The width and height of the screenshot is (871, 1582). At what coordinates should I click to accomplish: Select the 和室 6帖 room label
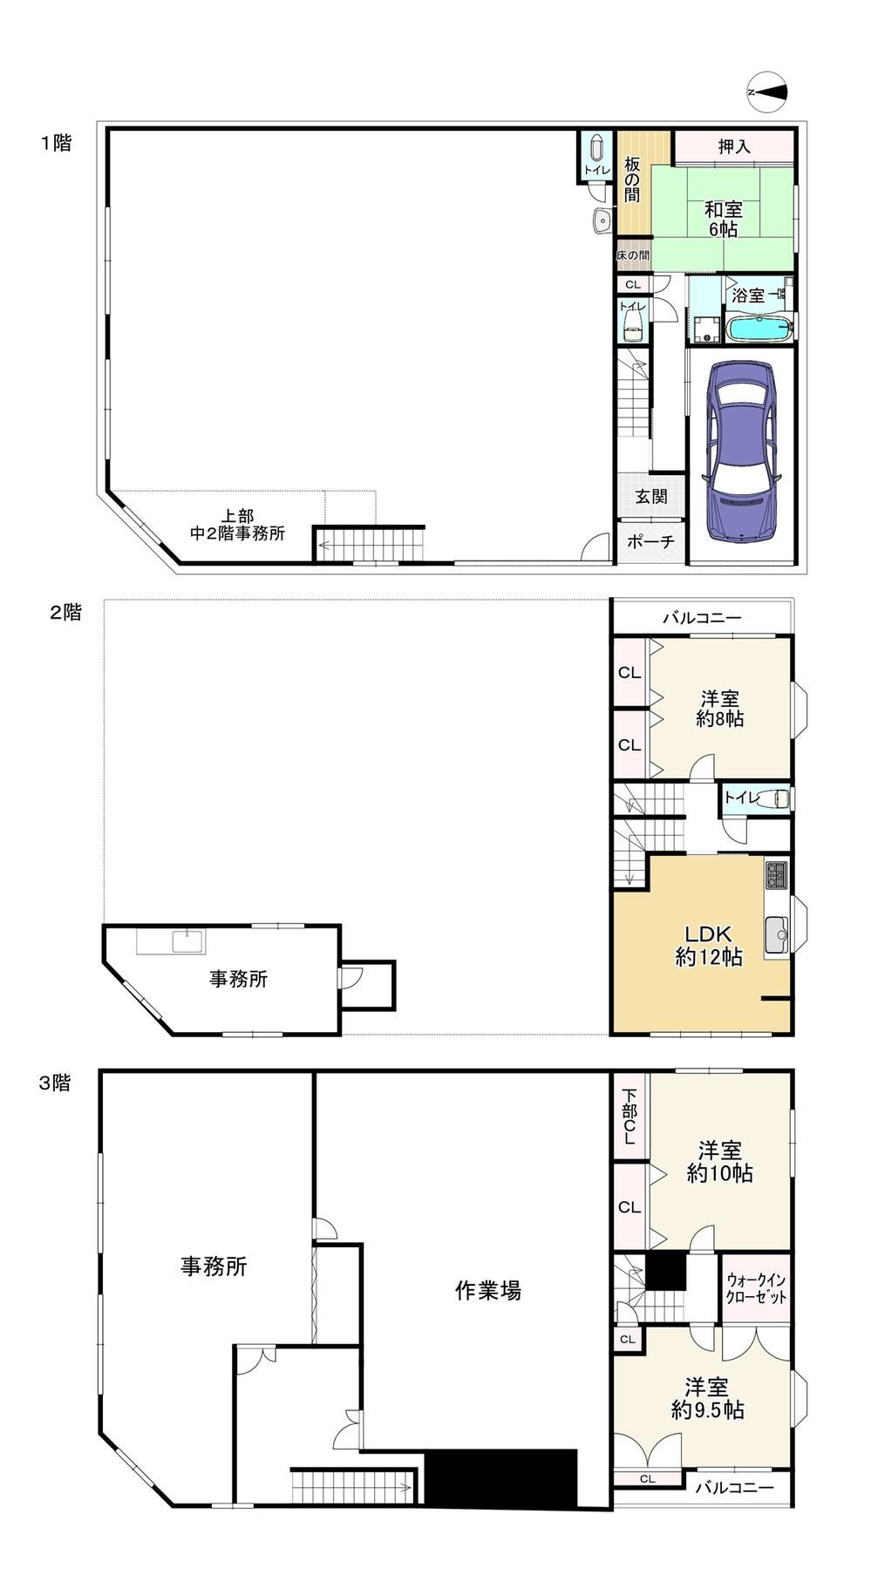coord(724,219)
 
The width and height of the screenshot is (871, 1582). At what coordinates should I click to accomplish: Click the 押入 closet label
coord(734,146)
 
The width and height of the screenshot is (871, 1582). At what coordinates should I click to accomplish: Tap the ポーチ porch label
coord(650,541)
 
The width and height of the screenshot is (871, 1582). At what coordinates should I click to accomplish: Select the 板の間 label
coord(632,179)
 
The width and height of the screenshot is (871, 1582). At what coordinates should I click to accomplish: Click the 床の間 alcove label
coord(633,255)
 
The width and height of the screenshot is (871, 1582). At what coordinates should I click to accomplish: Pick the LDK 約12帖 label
coord(709,945)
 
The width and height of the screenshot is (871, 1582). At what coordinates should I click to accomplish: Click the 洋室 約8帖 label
coord(719,709)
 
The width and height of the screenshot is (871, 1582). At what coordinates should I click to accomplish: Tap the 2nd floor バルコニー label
coord(702,618)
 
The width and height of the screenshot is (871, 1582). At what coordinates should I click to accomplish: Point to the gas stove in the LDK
coord(777,874)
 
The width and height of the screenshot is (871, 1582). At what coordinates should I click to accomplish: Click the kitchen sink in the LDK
coord(776,935)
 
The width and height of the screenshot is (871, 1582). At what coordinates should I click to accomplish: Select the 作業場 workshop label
coord(488,1290)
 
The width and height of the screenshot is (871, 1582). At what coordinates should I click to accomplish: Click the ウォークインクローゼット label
coord(756,1288)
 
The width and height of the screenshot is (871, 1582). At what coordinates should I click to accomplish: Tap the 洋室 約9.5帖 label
coord(707,1398)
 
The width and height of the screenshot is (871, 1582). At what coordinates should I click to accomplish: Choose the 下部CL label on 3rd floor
coord(629,1117)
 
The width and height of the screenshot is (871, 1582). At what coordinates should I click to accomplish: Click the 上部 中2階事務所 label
coord(237,525)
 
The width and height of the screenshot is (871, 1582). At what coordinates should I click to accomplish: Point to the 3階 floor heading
coord(55,1083)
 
